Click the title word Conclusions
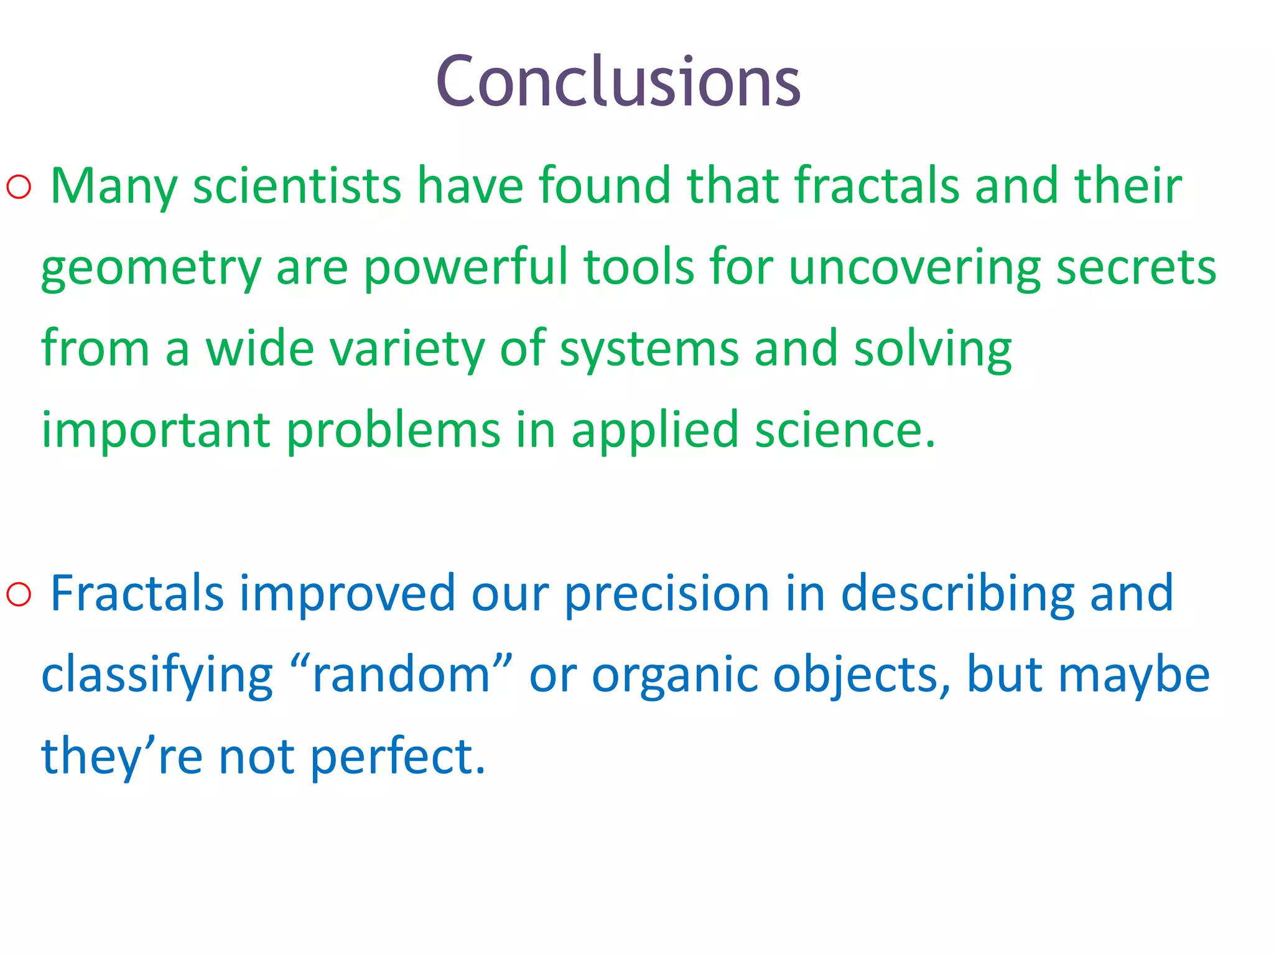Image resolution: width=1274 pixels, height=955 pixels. click(x=618, y=82)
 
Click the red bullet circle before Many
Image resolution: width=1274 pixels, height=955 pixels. click(x=19, y=187)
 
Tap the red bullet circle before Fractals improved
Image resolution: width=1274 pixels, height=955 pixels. click(x=19, y=594)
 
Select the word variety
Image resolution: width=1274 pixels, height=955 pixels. click(x=407, y=350)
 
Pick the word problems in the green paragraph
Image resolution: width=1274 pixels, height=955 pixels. click(x=393, y=431)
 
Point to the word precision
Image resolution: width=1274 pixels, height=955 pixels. click(x=667, y=594)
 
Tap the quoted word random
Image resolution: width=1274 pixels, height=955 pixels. click(x=401, y=675)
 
